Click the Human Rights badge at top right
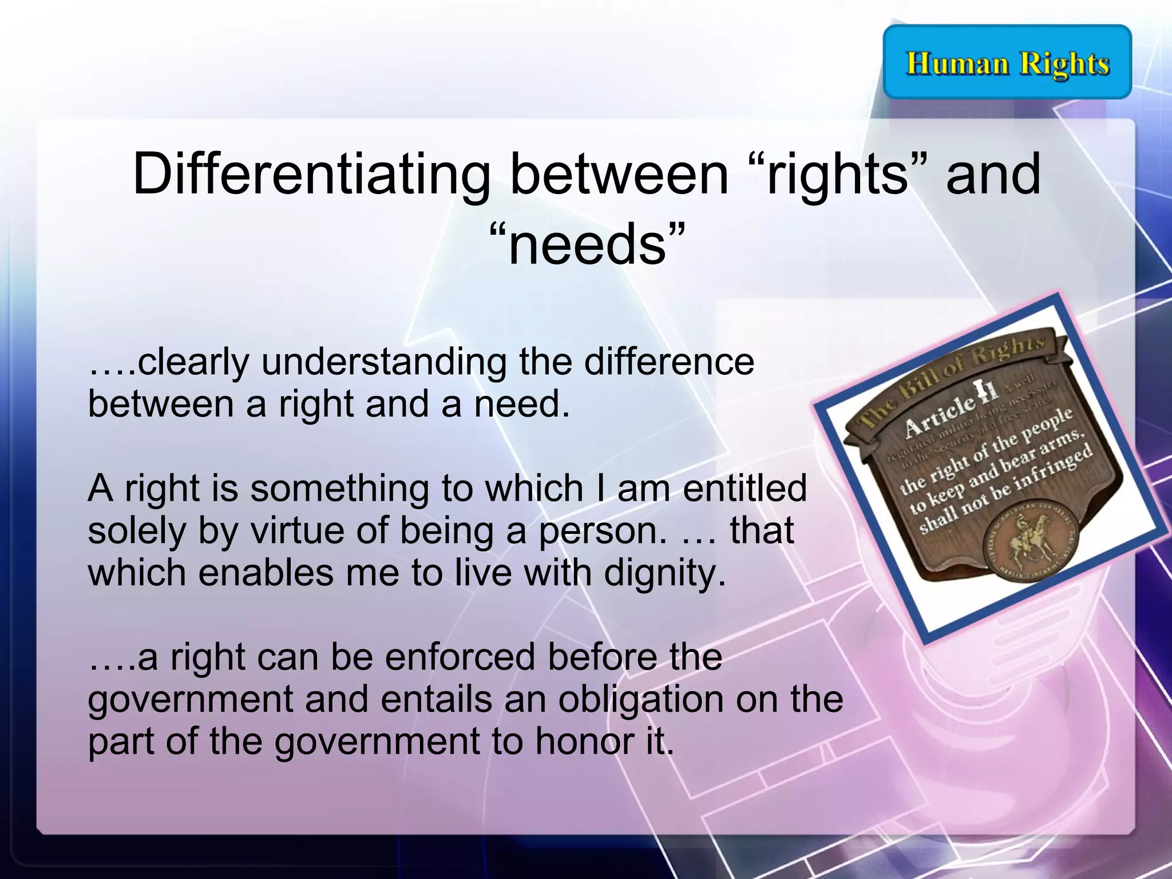pyautogui.click(x=1007, y=62)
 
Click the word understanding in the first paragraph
pyautogui.click(x=384, y=362)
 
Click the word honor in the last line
pyautogui.click(x=583, y=741)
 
